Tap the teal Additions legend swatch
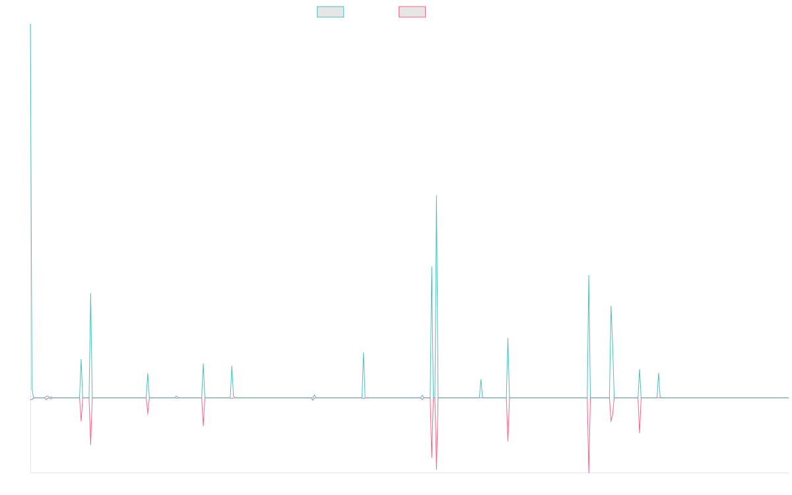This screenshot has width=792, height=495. tap(331, 12)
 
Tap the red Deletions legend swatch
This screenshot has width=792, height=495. tap(412, 12)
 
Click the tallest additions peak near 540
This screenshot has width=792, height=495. tap(436, 195)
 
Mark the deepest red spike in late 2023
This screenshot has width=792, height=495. tap(589, 471)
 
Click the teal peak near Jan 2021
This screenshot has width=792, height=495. tap(364, 352)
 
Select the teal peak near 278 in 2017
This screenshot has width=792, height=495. tap(90, 294)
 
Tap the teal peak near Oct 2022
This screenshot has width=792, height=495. tap(508, 338)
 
